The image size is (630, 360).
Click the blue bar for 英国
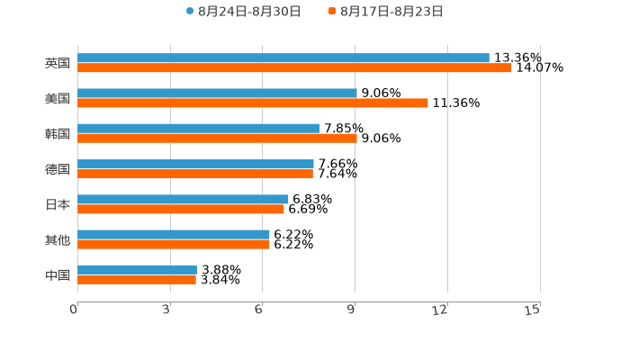pos(283,58)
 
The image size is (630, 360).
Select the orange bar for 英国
pos(294,68)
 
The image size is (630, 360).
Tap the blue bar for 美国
pos(217,94)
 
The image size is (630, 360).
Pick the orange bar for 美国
pos(253,103)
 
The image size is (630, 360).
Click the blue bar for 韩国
pos(198,129)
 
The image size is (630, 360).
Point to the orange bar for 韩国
pos(217,139)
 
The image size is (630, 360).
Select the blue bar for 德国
pos(195,164)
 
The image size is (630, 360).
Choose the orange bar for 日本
pos(181,209)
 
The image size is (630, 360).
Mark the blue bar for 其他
pos(174,234)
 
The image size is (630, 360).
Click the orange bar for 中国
pos(137,280)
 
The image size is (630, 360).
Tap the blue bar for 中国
pos(137,270)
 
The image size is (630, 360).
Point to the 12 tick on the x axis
pos(440,310)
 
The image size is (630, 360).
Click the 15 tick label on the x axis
pos(533,310)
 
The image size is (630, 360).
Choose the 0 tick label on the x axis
pos(75,310)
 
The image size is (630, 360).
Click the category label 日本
pos(58,204)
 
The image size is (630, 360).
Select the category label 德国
pos(58,169)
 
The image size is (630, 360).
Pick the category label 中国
pos(58,274)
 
